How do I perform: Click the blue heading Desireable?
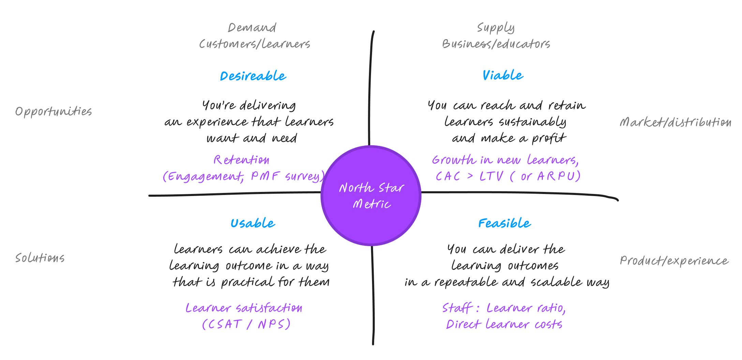253,76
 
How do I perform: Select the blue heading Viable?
503,75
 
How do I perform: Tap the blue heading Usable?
253,223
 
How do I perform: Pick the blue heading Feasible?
504,223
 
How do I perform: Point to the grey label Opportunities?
54,111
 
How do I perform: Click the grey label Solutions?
40,258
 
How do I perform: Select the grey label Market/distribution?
675,122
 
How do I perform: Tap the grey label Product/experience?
674,261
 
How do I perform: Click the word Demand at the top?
252,28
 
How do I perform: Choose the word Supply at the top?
496,28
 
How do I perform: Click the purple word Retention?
241,160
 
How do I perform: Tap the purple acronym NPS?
271,324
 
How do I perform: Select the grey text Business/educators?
496,44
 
